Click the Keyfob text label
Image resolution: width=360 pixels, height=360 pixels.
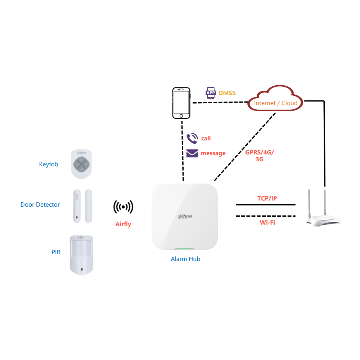pyautogui.click(x=49, y=165)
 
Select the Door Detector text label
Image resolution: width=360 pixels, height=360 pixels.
pyautogui.click(x=40, y=205)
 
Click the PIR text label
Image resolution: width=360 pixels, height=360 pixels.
pyautogui.click(x=56, y=252)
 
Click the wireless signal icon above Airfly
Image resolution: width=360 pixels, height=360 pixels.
pyautogui.click(x=123, y=207)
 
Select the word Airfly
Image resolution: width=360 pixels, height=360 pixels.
pyautogui.click(x=123, y=224)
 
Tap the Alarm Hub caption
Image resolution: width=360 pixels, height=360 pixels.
pyautogui.click(x=185, y=259)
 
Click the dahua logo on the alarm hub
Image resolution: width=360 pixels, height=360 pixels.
pyautogui.click(x=185, y=216)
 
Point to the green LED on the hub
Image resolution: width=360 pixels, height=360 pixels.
pyautogui.click(x=184, y=248)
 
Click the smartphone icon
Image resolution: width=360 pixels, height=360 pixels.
pyautogui.click(x=181, y=103)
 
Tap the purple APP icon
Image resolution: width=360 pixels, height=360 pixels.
pyautogui.click(x=210, y=93)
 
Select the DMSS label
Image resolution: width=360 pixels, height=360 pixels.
pyautogui.click(x=227, y=93)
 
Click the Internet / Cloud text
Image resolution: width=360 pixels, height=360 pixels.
pyautogui.click(x=276, y=103)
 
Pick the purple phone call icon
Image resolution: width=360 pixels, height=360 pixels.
pyautogui.click(x=192, y=138)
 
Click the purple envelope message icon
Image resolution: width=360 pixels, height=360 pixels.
pyautogui.click(x=192, y=153)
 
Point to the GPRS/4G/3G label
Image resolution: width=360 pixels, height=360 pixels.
pyautogui.click(x=260, y=156)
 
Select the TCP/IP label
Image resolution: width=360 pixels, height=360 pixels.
pyautogui.click(x=267, y=198)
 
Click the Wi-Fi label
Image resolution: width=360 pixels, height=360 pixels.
pyautogui.click(x=267, y=222)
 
